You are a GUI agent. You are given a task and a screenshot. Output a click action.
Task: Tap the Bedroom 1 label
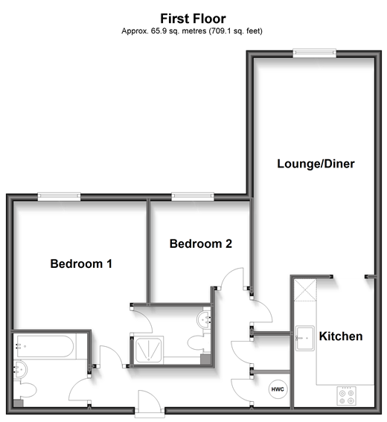[81, 263]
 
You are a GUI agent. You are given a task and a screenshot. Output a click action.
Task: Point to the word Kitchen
[341, 336]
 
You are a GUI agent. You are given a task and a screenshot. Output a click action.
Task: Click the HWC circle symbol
[276, 389]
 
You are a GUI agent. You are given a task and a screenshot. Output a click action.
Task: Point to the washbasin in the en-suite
[205, 320]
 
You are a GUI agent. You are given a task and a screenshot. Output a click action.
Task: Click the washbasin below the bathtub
[21, 368]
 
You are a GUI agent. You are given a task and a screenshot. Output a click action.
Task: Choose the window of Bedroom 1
[60, 196]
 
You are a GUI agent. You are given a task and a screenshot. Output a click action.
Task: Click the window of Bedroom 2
[192, 196]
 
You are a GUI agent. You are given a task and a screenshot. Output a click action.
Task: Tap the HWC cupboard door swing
[246, 387]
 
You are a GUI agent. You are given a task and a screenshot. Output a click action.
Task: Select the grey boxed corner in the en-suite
[205, 359]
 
